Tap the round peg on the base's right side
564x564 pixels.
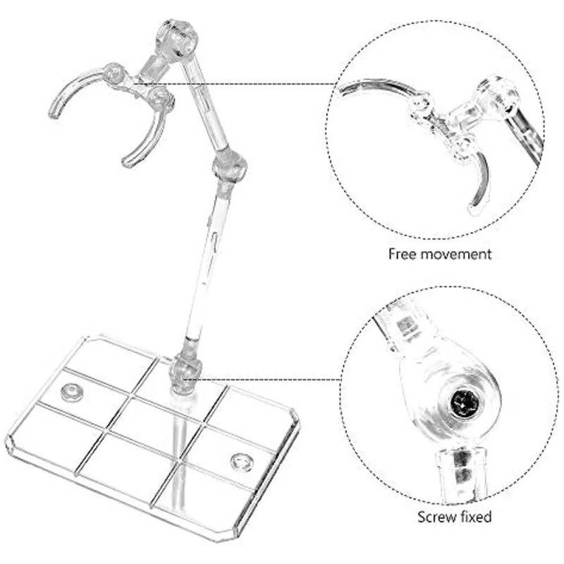click(242, 462)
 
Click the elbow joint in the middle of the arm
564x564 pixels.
click(229, 166)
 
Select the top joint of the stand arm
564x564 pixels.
click(177, 44)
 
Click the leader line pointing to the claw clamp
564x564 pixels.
click(268, 84)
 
